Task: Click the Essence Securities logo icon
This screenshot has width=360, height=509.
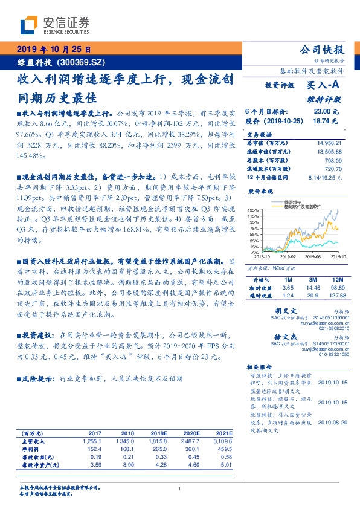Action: click(x=28, y=24)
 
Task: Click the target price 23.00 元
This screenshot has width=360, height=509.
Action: click(x=330, y=112)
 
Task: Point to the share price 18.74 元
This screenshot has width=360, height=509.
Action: click(x=330, y=120)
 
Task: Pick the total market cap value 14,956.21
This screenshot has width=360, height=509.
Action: click(x=329, y=143)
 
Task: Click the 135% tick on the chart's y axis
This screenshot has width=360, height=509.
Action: click(x=254, y=209)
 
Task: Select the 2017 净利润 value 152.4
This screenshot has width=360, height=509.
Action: click(x=95, y=450)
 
